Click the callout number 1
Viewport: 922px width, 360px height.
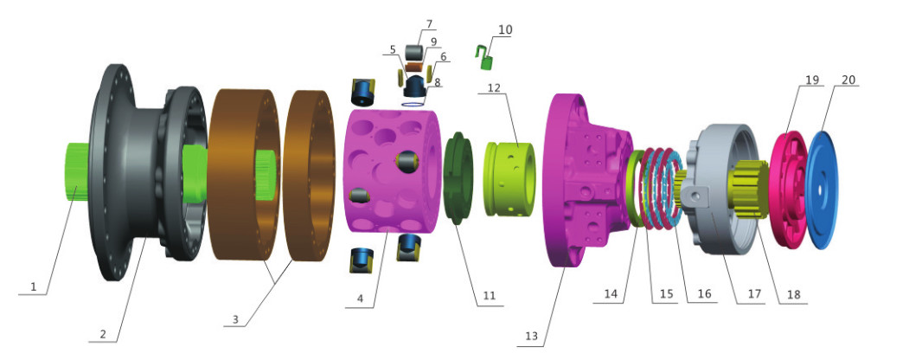click(x=34, y=287)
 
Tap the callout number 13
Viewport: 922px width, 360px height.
click(x=533, y=336)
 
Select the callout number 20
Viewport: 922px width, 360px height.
click(x=848, y=80)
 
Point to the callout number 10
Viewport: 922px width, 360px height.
click(x=505, y=29)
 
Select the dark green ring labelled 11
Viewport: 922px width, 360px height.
click(x=460, y=178)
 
